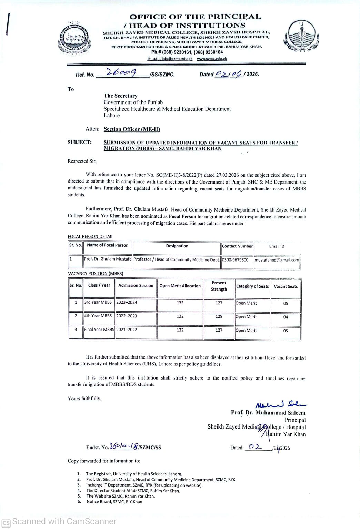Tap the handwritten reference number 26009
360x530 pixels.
[x=121, y=73]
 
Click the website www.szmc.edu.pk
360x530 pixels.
[x=212, y=59]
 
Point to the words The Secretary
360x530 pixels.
[x=120, y=96]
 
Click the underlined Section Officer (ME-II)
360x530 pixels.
[x=132, y=129]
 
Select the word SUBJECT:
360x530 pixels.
[x=80, y=142]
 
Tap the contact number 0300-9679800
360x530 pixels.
[x=235, y=260]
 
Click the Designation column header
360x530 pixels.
[x=177, y=246]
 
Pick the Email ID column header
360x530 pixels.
[x=277, y=246]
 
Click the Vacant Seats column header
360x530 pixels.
[x=286, y=286]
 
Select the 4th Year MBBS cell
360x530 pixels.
[x=98, y=316]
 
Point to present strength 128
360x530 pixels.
[x=219, y=316]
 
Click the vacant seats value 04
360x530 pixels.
[x=286, y=317]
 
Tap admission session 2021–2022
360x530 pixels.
[x=127, y=330]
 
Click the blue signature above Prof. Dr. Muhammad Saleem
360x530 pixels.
[x=280, y=404]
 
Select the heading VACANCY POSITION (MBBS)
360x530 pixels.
[x=96, y=273]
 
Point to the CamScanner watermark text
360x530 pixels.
[x=64, y=521]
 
